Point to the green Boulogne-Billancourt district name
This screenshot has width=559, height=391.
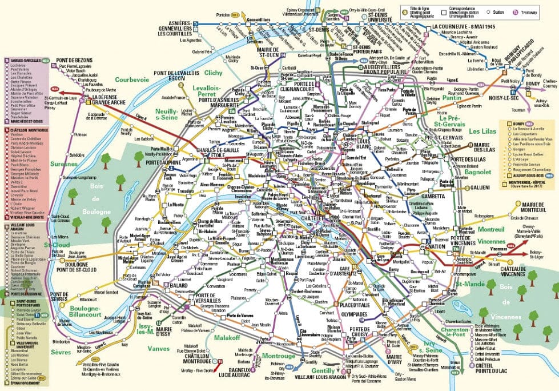tap(85, 312)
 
